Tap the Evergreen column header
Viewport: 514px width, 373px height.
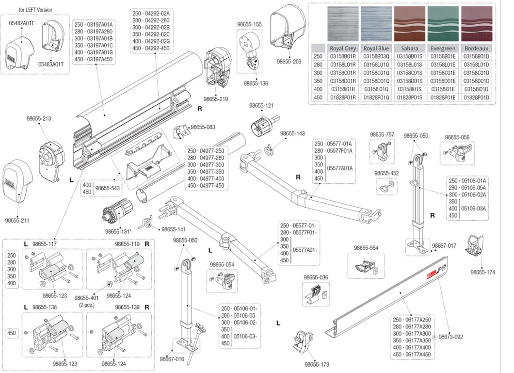442,49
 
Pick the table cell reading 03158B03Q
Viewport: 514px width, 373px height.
376,57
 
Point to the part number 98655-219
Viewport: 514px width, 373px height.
216,99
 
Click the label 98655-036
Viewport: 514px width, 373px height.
316,277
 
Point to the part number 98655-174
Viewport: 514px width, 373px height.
482,272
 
